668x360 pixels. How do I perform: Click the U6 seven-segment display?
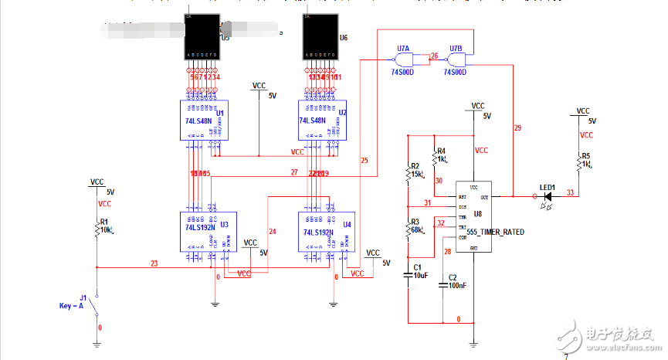(x=320, y=38)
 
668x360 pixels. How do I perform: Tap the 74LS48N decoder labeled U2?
(x=320, y=121)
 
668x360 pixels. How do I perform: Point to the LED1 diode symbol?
(x=548, y=196)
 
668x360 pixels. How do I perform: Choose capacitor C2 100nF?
(x=443, y=284)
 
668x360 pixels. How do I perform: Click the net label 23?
(x=154, y=263)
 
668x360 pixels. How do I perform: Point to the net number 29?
(x=517, y=127)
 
